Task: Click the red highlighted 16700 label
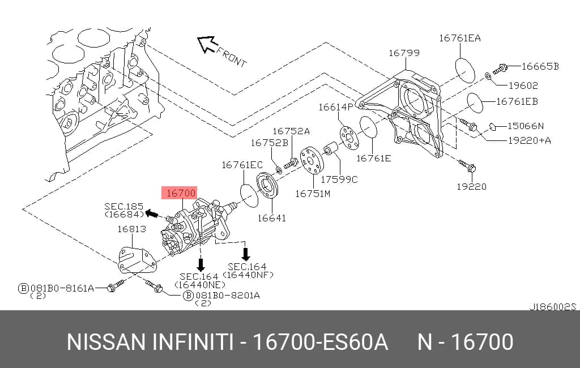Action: pyautogui.click(x=179, y=192)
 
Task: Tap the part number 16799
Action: pyautogui.click(x=404, y=53)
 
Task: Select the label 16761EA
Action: pyautogui.click(x=460, y=38)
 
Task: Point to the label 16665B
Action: pyautogui.click(x=540, y=66)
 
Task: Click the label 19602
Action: pyautogui.click(x=523, y=85)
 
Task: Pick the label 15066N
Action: pyautogui.click(x=526, y=126)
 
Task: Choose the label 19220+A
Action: pyautogui.click(x=530, y=140)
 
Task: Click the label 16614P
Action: pyautogui.click(x=336, y=107)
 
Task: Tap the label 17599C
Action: pyautogui.click(x=339, y=179)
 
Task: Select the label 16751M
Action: pyautogui.click(x=313, y=194)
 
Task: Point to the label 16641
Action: pyautogui.click(x=272, y=218)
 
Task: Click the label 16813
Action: pyautogui.click(x=131, y=229)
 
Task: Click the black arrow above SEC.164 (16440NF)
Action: pyautogui.click(x=246, y=254)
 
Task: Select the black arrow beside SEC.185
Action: pyautogui.click(x=152, y=213)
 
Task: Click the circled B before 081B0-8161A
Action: pyautogui.click(x=23, y=288)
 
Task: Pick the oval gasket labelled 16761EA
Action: pyautogui.click(x=464, y=70)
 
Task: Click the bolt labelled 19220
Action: pyautogui.click(x=467, y=166)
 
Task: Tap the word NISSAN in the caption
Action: pyautogui.click(x=106, y=342)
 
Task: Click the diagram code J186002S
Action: pyautogui.click(x=553, y=307)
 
